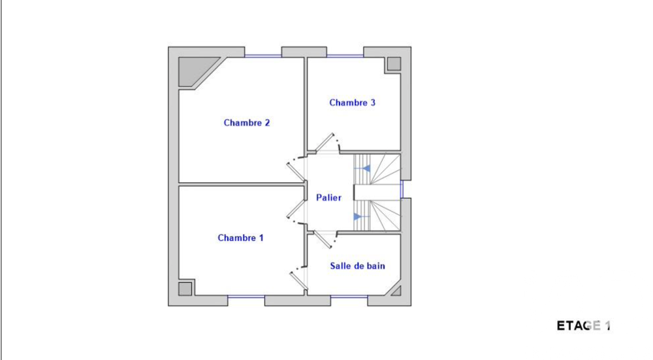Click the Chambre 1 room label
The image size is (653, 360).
[240, 238]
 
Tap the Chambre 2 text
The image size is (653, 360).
[247, 123]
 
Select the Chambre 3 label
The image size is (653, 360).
[352, 103]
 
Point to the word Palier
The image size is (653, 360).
[328, 197]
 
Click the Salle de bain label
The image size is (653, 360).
[357, 266]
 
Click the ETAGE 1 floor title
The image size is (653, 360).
[583, 325]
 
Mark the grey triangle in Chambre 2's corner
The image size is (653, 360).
[193, 70]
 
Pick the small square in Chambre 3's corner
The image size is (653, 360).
[393, 64]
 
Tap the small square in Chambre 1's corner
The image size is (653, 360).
[185, 288]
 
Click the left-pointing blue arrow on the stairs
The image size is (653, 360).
[366, 169]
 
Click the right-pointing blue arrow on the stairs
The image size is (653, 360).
[357, 216]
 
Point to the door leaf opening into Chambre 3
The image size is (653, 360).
[325, 143]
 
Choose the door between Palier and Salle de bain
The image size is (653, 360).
[325, 237]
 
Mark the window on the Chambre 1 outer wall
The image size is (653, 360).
[246, 297]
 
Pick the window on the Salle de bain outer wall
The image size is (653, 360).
[349, 297]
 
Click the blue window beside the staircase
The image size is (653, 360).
[402, 189]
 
